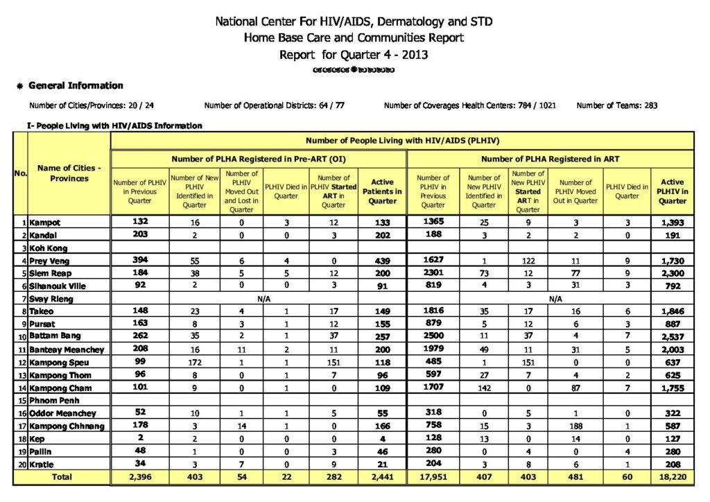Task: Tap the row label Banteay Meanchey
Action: click(x=66, y=349)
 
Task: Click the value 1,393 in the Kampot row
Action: click(x=672, y=222)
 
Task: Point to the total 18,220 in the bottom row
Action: click(x=672, y=477)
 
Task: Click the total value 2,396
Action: click(x=140, y=477)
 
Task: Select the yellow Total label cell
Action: click(x=62, y=477)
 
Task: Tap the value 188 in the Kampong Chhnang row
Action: click(x=575, y=426)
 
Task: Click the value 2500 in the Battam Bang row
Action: click(x=433, y=336)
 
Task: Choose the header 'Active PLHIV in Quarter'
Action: click(x=672, y=191)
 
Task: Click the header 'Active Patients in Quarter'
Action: click(x=382, y=191)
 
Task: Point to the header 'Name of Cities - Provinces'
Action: click(x=69, y=173)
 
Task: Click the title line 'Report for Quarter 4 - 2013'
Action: click(x=354, y=55)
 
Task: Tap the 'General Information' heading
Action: click(x=76, y=86)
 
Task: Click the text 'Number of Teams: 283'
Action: click(x=616, y=105)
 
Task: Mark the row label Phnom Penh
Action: click(x=55, y=400)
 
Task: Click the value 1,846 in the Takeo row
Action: click(x=672, y=311)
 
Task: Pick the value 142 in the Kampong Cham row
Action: click(x=483, y=388)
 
